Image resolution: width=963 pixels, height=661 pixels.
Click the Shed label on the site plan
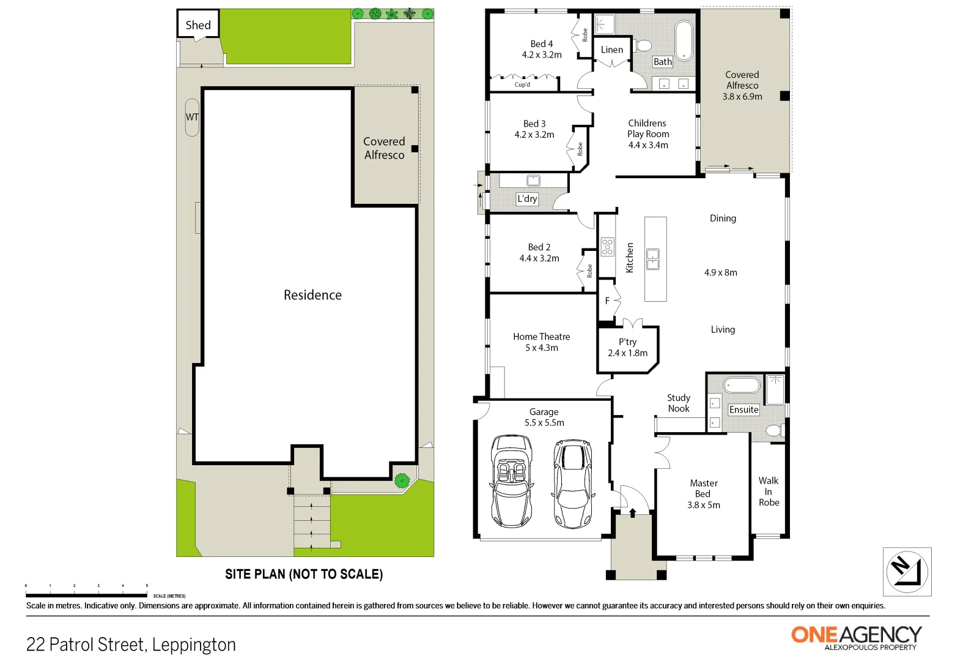click(x=198, y=25)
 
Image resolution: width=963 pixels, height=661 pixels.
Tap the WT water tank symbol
click(x=192, y=117)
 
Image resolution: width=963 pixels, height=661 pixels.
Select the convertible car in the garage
click(x=511, y=481)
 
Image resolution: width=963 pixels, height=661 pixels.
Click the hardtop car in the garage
click(x=573, y=484)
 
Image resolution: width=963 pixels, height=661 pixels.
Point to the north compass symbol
click(x=907, y=571)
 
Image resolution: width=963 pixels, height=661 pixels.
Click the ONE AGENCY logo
click(x=856, y=637)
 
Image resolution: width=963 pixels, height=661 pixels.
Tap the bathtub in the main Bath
click(x=684, y=40)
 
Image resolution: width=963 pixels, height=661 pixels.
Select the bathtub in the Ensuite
click(x=741, y=386)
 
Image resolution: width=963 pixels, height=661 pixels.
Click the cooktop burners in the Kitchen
click(x=607, y=247)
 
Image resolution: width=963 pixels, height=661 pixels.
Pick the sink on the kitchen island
click(x=653, y=259)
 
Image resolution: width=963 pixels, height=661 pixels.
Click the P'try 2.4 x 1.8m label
click(x=627, y=348)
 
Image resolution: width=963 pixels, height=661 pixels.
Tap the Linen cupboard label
click(x=611, y=50)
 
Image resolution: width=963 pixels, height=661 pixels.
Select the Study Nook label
click(x=678, y=403)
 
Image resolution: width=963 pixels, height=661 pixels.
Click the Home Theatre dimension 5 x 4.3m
click(x=541, y=348)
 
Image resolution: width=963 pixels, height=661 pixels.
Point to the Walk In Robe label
click(x=769, y=491)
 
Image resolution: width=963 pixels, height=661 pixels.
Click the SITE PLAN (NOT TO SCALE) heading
click(x=304, y=574)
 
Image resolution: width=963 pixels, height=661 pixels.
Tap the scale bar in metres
click(x=86, y=594)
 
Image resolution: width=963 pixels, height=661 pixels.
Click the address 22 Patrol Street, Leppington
click(x=131, y=644)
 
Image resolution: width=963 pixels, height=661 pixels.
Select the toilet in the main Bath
click(x=643, y=46)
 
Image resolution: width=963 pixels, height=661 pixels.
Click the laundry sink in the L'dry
click(x=533, y=181)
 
